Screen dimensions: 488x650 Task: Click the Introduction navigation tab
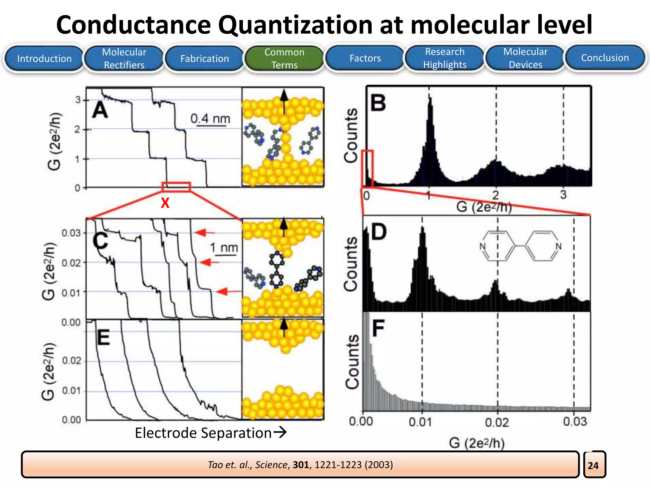[x=44, y=58]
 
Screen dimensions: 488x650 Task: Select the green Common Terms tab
[x=284, y=58]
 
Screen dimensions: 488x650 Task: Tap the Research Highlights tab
[x=445, y=58]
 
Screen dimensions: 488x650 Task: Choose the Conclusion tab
[x=605, y=58]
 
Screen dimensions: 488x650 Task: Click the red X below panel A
[x=165, y=203]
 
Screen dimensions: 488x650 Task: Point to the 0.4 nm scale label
[x=210, y=119]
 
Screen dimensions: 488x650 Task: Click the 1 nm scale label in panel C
[x=224, y=247]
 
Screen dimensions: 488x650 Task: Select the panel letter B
[x=378, y=103]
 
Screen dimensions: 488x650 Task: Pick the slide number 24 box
[x=594, y=465]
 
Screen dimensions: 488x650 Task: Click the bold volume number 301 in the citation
[x=301, y=465]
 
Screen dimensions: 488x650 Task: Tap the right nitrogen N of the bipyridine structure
[x=559, y=246]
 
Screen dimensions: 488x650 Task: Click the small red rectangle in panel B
[x=367, y=168]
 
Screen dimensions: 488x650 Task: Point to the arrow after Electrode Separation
[x=280, y=432]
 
